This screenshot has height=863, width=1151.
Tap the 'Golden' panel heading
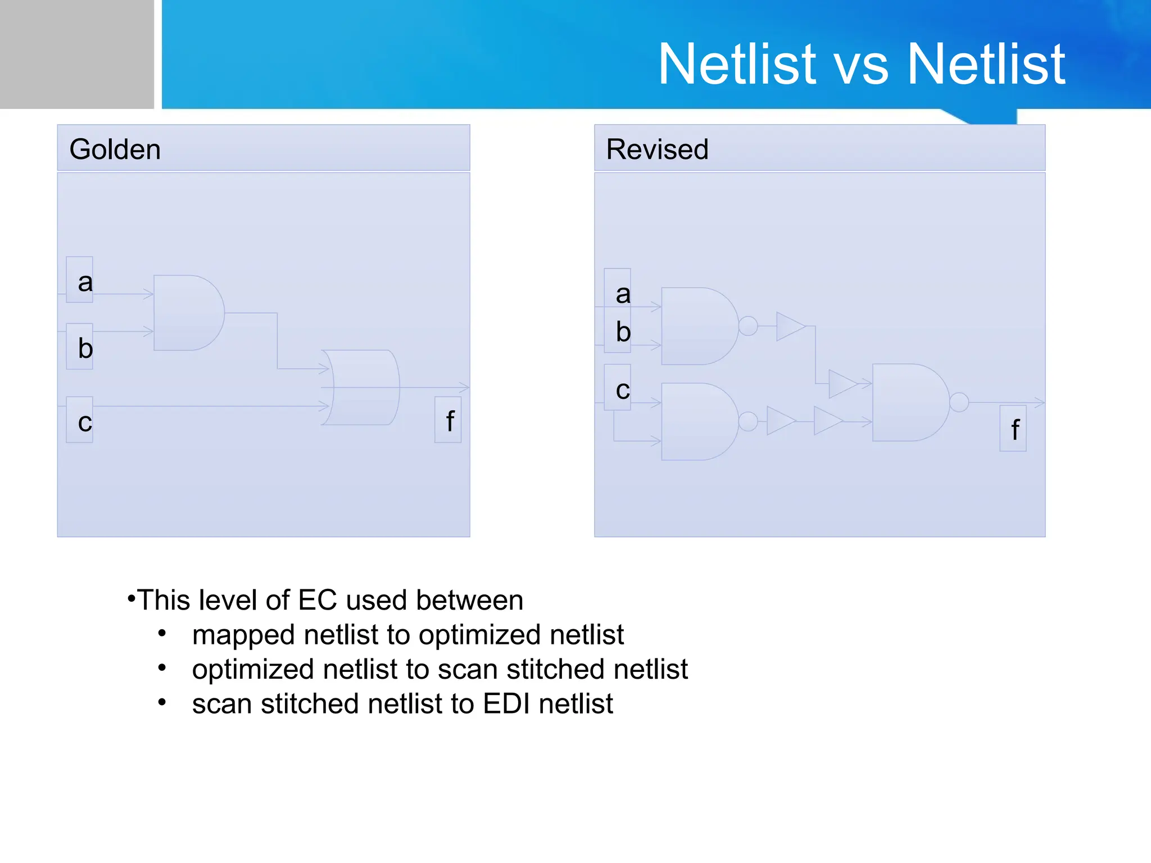[115, 149]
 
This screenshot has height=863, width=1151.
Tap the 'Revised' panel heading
[657, 149]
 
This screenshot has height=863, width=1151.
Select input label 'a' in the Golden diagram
[84, 281]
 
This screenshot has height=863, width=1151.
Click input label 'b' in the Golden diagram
[85, 348]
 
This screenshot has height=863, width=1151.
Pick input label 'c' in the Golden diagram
[84, 421]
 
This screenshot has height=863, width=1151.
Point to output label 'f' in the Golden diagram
[450, 421]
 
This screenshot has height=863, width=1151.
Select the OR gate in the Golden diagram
[362, 388]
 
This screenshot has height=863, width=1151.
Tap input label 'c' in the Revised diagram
[622, 389]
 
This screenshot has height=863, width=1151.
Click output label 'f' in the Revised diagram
[1014, 430]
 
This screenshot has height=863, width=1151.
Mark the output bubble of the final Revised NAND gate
[959, 402]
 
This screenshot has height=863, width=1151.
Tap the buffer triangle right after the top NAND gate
[789, 326]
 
